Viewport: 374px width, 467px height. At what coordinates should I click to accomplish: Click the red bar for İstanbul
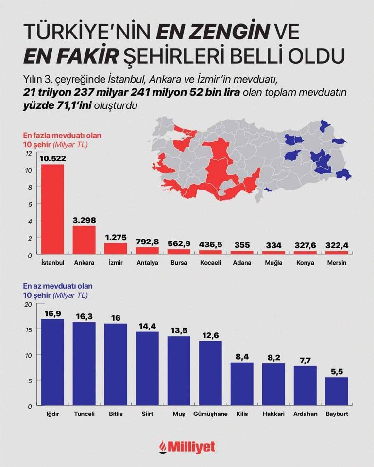(52, 209)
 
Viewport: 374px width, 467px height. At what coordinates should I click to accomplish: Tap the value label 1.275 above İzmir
(116, 238)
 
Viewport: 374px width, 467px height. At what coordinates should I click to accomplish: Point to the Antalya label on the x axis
(147, 263)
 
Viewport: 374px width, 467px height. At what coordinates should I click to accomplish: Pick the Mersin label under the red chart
(337, 263)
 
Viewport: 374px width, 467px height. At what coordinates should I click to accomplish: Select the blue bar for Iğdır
(52, 362)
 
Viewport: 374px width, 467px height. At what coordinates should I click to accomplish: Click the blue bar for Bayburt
(337, 391)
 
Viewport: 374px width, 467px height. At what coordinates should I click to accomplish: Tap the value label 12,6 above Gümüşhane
(210, 335)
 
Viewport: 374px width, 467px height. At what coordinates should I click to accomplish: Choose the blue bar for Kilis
(242, 384)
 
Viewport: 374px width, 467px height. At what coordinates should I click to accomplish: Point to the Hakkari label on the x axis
(273, 414)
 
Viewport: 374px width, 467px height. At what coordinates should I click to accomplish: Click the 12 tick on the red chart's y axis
(29, 153)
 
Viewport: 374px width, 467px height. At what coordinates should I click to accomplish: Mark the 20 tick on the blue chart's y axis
(28, 305)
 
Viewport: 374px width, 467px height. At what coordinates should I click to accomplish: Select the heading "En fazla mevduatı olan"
(63, 136)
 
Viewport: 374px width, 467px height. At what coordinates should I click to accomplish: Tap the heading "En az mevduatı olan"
(58, 287)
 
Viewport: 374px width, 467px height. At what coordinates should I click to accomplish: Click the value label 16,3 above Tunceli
(84, 316)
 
